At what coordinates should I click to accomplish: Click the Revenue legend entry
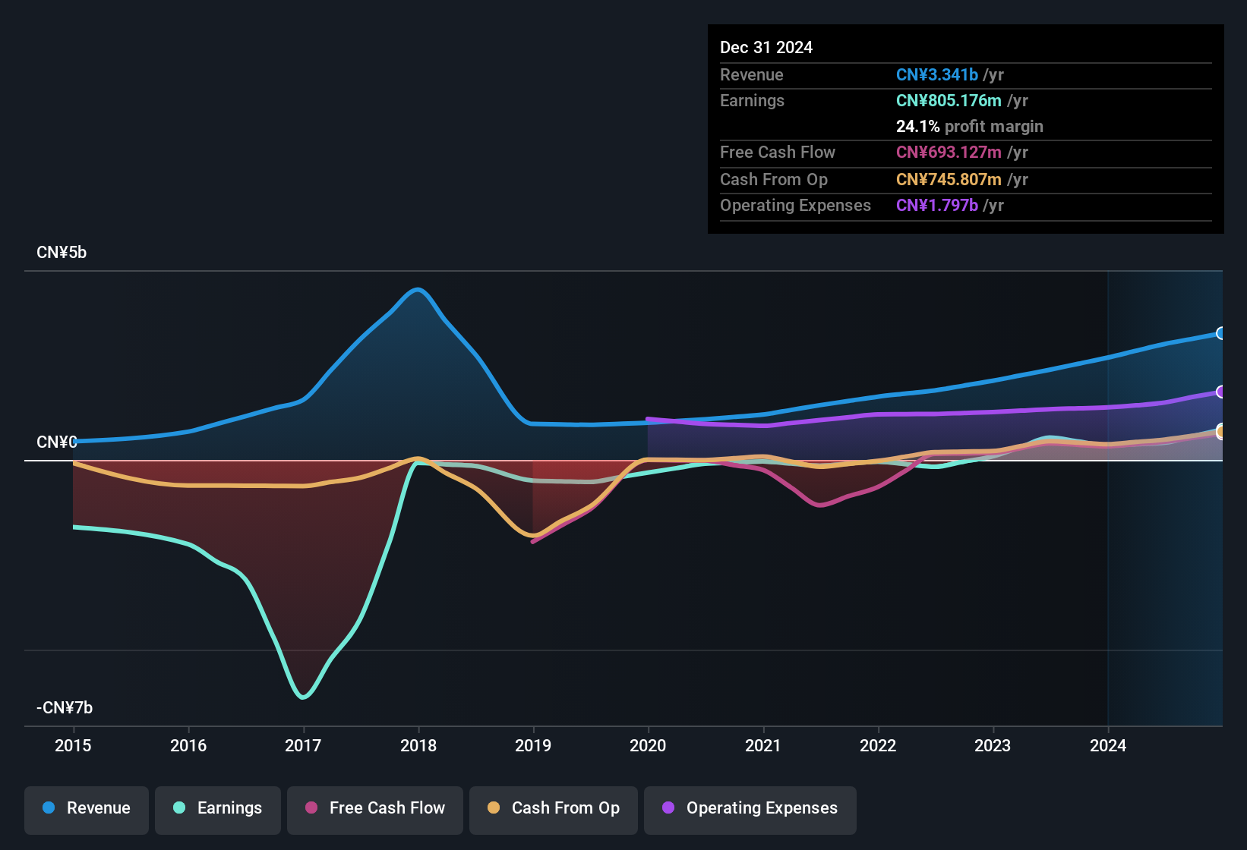click(87, 808)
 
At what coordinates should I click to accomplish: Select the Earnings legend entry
click(218, 808)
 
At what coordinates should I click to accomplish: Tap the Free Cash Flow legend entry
click(375, 808)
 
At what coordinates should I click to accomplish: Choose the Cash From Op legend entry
click(554, 808)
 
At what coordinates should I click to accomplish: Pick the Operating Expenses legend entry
click(750, 808)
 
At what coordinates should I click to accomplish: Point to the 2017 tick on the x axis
click(303, 745)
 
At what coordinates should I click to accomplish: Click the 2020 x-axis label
click(648, 745)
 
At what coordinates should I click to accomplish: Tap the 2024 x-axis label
click(1108, 745)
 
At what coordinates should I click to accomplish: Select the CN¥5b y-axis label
click(62, 253)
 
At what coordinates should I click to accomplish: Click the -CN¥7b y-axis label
click(65, 708)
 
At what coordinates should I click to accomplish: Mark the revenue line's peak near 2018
click(417, 289)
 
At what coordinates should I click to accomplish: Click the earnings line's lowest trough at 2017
click(303, 697)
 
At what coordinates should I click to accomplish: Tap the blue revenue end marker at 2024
click(1220, 333)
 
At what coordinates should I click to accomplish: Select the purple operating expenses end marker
click(1220, 392)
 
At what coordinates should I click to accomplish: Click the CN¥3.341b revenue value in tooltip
click(936, 75)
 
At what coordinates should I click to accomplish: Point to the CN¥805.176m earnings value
click(949, 101)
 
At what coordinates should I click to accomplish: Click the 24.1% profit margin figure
click(917, 127)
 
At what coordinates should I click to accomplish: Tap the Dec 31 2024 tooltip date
click(766, 48)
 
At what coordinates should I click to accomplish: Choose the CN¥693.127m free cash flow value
click(949, 153)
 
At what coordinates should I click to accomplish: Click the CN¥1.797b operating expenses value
click(936, 206)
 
